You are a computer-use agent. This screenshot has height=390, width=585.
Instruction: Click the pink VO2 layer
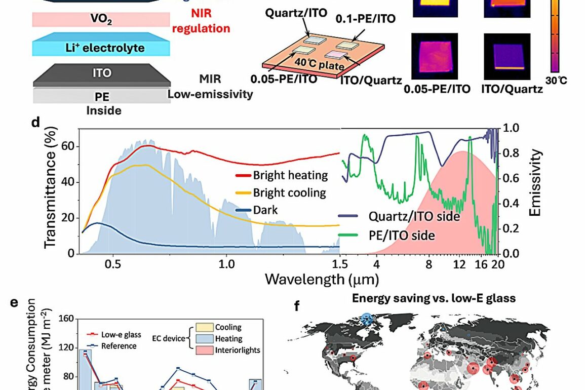101,20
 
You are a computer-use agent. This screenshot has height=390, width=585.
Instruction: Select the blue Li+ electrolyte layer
101,48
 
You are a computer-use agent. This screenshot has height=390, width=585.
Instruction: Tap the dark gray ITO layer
102,73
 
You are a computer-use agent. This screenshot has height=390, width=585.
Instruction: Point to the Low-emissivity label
210,94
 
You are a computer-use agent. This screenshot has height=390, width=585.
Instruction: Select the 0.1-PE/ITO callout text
365,19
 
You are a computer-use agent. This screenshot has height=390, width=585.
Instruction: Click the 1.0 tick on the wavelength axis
226,264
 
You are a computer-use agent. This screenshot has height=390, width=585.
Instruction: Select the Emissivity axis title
535,183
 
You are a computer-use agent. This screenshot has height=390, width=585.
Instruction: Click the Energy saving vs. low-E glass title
434,298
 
